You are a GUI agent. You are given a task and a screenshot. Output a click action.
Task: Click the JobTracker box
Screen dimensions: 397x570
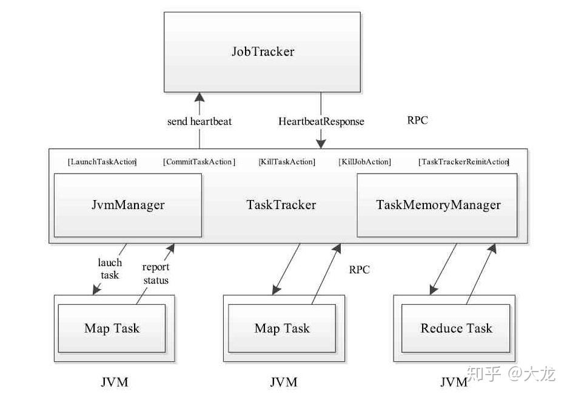(x=262, y=52)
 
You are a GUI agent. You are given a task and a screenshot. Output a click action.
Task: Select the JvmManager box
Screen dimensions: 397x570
(x=127, y=205)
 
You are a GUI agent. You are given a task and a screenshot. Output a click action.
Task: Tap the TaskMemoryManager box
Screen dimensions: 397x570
(x=437, y=205)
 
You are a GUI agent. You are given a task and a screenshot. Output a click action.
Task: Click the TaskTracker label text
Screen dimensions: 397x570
(x=281, y=205)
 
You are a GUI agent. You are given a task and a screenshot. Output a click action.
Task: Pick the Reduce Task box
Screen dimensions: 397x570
(x=456, y=329)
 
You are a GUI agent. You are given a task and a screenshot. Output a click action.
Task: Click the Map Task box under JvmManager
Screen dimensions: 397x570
(x=112, y=329)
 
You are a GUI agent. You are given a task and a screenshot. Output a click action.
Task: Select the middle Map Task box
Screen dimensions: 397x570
(x=282, y=329)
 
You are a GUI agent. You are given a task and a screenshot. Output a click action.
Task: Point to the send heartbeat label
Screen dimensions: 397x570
(x=199, y=121)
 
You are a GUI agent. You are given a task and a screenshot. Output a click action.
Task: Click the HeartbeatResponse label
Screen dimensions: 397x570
(x=321, y=121)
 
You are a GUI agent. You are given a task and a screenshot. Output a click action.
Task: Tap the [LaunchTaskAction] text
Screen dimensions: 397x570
(x=103, y=162)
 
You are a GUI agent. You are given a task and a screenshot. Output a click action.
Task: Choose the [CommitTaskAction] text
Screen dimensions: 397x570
(x=199, y=162)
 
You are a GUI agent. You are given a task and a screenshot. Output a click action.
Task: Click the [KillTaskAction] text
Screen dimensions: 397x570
(x=287, y=162)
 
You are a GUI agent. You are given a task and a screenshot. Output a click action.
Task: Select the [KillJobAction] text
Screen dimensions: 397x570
(x=364, y=162)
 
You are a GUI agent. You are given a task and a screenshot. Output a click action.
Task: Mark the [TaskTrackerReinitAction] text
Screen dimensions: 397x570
(x=464, y=162)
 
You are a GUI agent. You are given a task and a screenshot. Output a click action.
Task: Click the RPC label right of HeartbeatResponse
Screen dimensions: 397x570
(x=417, y=120)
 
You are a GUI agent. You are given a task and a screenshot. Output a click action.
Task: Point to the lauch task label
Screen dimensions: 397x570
(x=110, y=269)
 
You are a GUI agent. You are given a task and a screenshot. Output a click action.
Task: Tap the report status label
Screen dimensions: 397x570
(x=156, y=273)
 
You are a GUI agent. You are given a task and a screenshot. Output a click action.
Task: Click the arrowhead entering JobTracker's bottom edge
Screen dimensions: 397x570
(x=199, y=97)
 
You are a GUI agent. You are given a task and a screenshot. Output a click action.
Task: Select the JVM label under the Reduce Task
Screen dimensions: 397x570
(x=454, y=382)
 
